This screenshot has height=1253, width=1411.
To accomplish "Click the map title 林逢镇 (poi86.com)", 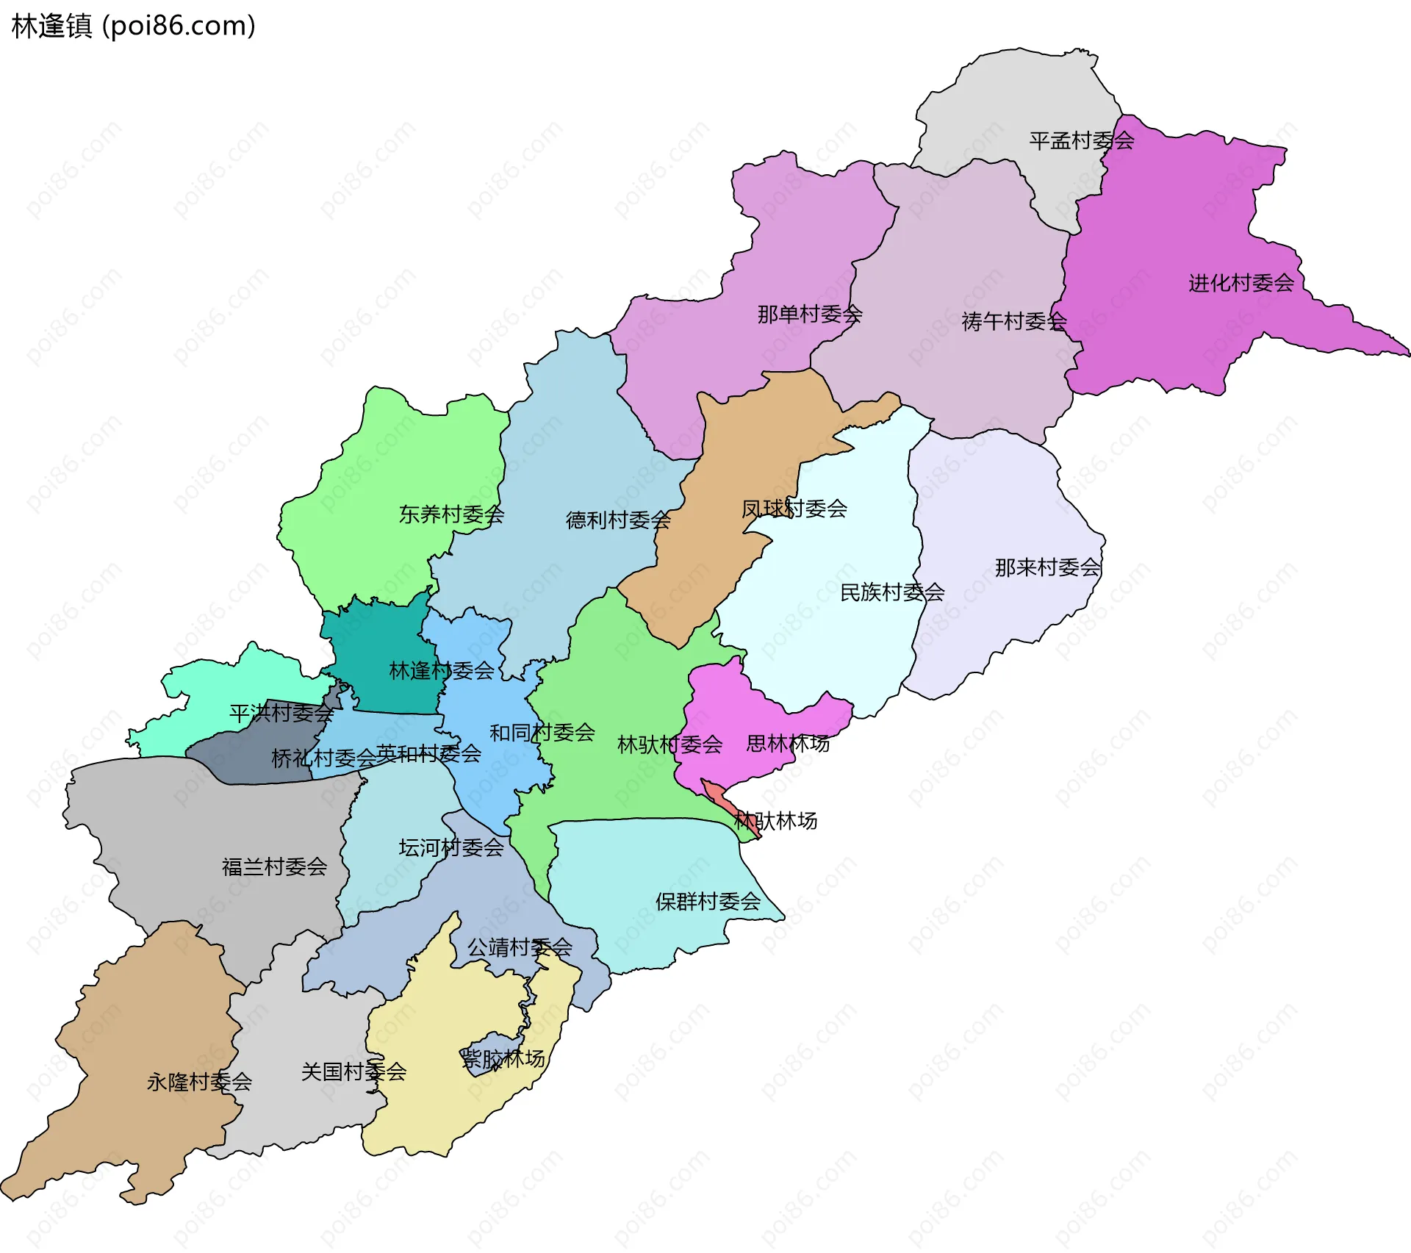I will tap(133, 26).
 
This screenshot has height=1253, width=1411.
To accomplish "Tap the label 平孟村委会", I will tap(1081, 140).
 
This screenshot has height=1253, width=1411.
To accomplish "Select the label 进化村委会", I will tap(1241, 283).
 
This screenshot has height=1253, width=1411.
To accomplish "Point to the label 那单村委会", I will tap(809, 315).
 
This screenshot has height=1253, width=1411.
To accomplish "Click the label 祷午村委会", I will tap(1013, 321).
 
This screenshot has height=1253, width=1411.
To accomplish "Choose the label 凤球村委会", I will tap(794, 509).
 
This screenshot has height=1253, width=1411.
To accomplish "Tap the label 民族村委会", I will tap(891, 592).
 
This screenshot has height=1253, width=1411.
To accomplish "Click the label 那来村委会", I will tap(1046, 567).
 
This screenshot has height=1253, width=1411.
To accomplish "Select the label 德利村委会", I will tap(617, 520).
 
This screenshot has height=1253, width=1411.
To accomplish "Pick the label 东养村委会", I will tap(450, 514).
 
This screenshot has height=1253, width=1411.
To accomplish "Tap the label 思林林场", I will tap(787, 744).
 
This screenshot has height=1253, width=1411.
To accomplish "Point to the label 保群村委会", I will tap(707, 902).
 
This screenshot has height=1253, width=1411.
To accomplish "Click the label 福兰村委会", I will tap(274, 867).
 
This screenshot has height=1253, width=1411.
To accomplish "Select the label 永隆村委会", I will tap(199, 1082).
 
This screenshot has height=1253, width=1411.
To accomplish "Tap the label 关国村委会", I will tap(353, 1071).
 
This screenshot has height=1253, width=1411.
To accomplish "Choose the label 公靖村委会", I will tap(520, 947).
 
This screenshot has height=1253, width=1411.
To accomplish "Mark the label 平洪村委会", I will tap(281, 713).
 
